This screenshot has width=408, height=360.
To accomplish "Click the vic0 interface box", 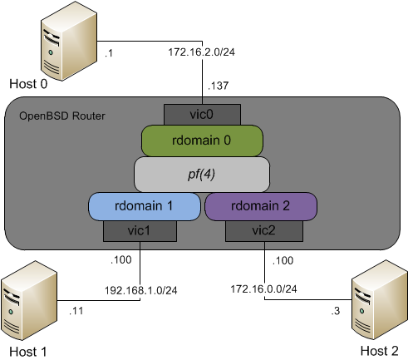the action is (x=202, y=115).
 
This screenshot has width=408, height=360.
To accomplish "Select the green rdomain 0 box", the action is (x=202, y=141).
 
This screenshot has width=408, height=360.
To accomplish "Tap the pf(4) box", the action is (x=202, y=175).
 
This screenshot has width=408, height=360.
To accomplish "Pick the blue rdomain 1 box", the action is (x=145, y=206).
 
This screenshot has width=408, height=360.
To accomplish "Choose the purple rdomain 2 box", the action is (x=261, y=206).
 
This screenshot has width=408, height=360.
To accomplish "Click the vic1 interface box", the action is (x=140, y=231).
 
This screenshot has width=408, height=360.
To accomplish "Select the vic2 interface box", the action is (x=264, y=231).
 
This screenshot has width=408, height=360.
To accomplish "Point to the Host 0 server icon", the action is (x=69, y=42).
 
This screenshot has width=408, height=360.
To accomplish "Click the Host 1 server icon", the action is (x=29, y=301).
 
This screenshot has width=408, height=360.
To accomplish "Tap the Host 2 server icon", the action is (x=380, y=300).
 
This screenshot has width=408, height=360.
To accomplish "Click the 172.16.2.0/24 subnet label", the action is (x=202, y=52).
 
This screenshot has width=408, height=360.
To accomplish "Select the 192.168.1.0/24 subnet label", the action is (x=140, y=290).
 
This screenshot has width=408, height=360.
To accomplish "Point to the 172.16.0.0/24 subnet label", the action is (x=263, y=289).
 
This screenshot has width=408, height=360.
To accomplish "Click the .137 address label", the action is (x=219, y=86).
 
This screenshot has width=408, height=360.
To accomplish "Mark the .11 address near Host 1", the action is (x=76, y=311).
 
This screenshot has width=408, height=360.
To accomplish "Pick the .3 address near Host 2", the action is (x=336, y=311).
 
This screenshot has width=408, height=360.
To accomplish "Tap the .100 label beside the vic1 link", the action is (x=121, y=260).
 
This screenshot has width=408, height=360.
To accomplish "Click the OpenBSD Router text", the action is (x=62, y=116).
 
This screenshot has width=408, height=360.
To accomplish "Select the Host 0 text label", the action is (x=28, y=84).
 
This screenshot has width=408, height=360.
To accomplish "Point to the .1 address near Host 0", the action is (x=109, y=53).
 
